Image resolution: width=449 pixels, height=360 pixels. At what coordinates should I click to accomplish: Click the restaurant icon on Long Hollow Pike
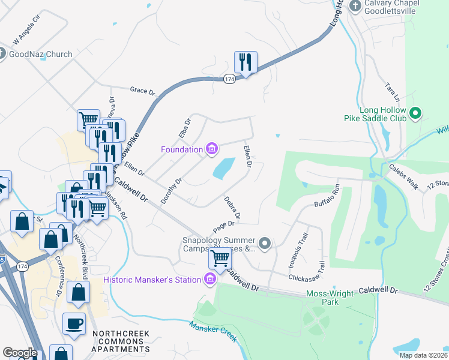coord(246,62)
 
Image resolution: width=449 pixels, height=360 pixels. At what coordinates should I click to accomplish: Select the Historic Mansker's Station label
coord(153,280)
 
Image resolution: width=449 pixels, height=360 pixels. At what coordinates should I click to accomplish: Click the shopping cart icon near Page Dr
coord(220,259)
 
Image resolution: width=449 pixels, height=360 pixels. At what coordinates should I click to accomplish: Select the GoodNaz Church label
coord(41,54)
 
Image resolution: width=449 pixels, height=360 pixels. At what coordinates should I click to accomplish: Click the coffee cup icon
coord(74,323)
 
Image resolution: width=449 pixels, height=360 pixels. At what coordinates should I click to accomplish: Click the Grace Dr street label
coord(142,91)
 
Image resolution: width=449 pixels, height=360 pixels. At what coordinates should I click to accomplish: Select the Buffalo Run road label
coord(327,196)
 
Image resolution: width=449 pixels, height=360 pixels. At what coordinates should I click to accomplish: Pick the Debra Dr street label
coord(232,207)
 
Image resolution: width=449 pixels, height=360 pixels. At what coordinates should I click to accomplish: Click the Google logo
coord(20,353)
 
